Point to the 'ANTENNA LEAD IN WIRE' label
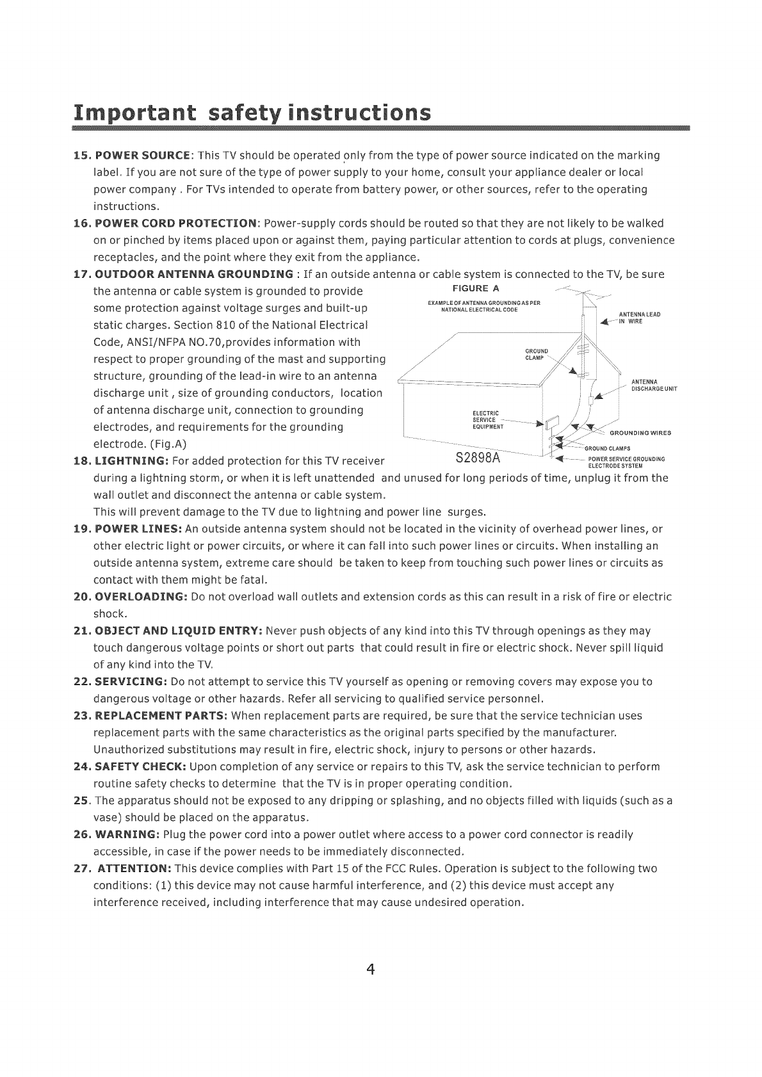636,318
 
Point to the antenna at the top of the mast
585,296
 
